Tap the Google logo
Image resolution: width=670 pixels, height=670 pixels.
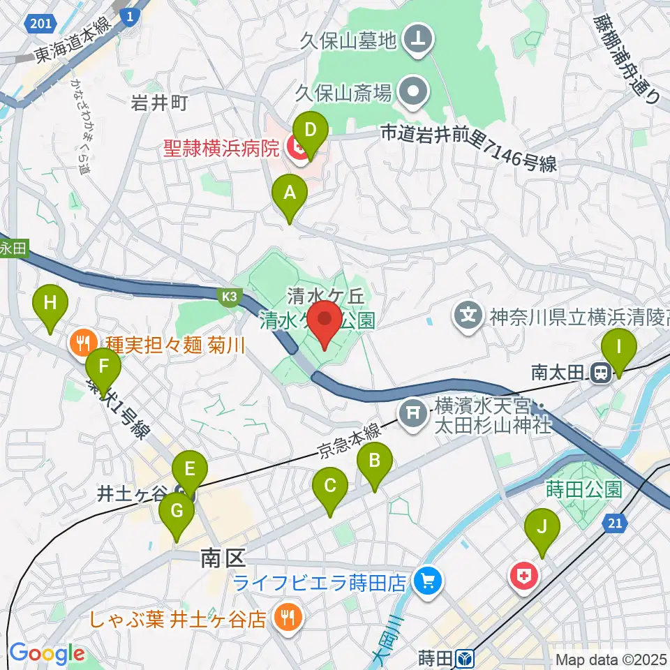click(47, 654)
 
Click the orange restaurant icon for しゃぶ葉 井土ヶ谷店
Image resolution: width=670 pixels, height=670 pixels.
click(286, 617)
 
